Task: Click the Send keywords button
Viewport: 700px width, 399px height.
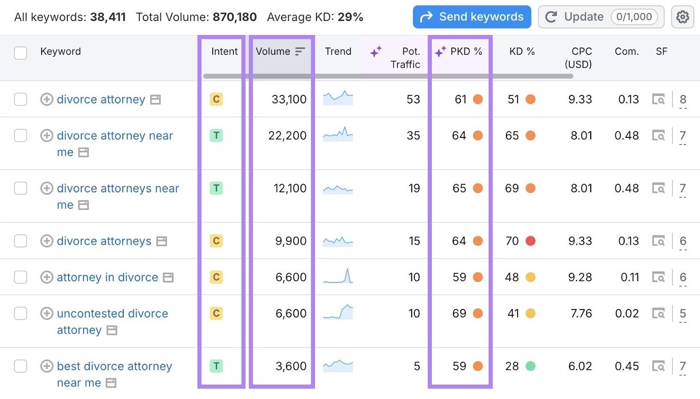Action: pyautogui.click(x=472, y=17)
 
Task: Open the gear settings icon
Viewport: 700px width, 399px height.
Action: pyautogui.click(x=682, y=17)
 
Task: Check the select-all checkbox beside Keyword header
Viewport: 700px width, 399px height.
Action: pyautogui.click(x=21, y=53)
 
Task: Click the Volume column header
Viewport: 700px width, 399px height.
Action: pyautogui.click(x=273, y=52)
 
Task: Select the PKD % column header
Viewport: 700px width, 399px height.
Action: pyautogui.click(x=466, y=52)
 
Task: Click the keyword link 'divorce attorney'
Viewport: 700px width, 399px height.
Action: pyautogui.click(x=101, y=99)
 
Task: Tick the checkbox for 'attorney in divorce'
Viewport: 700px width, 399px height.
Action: pyautogui.click(x=21, y=277)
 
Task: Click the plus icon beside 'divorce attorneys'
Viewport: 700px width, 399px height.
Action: pyautogui.click(x=47, y=241)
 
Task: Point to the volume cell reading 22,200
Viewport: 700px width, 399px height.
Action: pyautogui.click(x=287, y=136)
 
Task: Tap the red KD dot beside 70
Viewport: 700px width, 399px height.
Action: pyautogui.click(x=530, y=241)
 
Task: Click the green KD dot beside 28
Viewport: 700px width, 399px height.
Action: pyautogui.click(x=530, y=366)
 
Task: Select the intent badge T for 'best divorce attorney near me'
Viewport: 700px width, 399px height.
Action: pyautogui.click(x=216, y=366)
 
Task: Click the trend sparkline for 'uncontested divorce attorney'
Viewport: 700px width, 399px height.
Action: pyautogui.click(x=338, y=312)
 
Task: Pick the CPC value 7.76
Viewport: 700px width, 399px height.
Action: pyautogui.click(x=581, y=314)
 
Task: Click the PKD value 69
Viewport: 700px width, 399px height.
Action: pyautogui.click(x=459, y=314)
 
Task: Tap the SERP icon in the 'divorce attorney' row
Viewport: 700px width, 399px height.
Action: pyautogui.click(x=658, y=99)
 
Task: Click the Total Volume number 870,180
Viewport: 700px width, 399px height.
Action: pyautogui.click(x=234, y=17)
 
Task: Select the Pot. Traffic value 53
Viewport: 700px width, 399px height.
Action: pyautogui.click(x=413, y=99)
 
